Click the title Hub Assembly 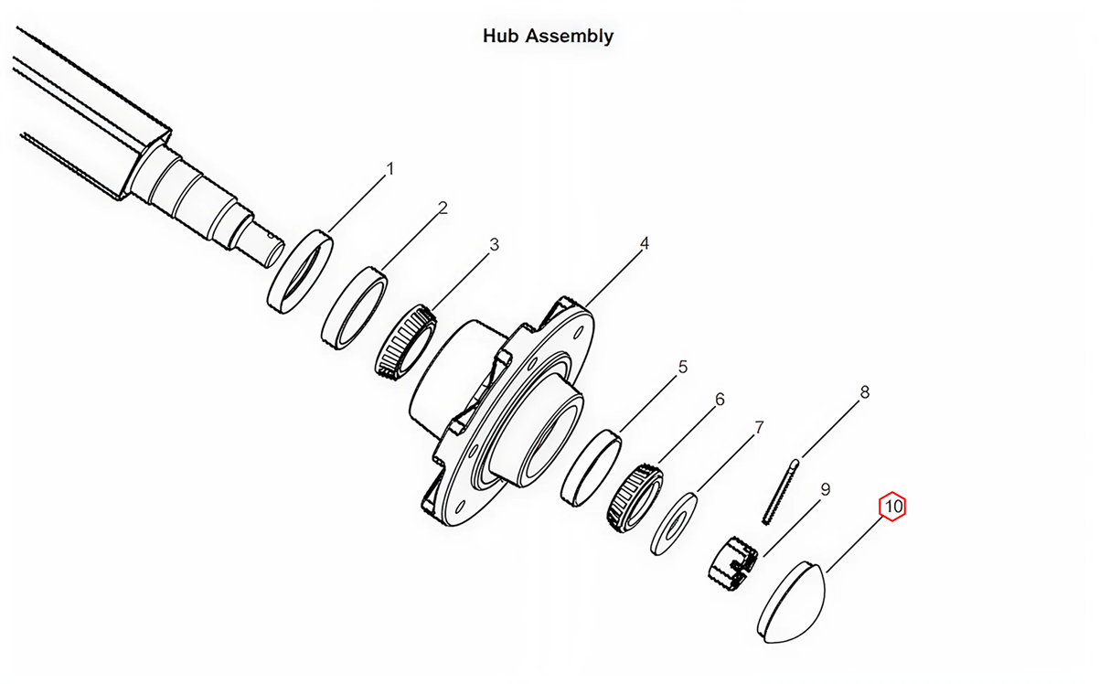coord(548,37)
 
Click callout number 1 coord(390,169)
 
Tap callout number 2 coord(443,208)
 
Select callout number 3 coord(495,244)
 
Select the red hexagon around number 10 coord(892,506)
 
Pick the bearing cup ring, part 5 coord(591,468)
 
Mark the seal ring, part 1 coord(300,272)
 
